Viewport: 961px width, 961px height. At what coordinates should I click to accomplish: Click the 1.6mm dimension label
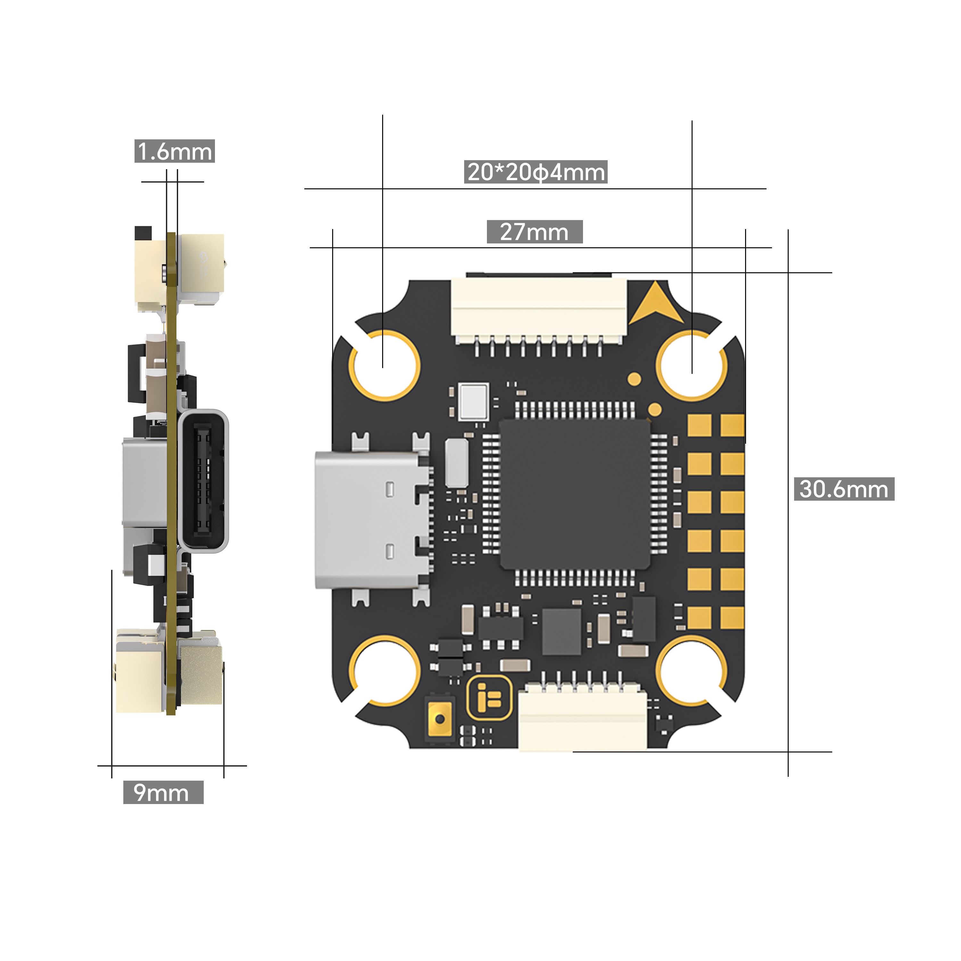pyautogui.click(x=175, y=151)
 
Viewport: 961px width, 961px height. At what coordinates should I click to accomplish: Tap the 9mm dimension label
pyautogui.click(x=163, y=793)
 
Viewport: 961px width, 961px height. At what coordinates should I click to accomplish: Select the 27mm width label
pyautogui.click(x=534, y=232)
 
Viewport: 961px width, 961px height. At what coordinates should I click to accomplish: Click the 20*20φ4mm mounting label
pyautogui.click(x=536, y=172)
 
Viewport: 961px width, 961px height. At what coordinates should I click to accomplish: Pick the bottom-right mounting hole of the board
pyautogui.click(x=692, y=670)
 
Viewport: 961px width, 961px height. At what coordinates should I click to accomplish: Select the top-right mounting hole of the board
pyautogui.click(x=692, y=366)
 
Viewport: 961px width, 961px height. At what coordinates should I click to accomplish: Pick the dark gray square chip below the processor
pyautogui.click(x=562, y=631)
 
